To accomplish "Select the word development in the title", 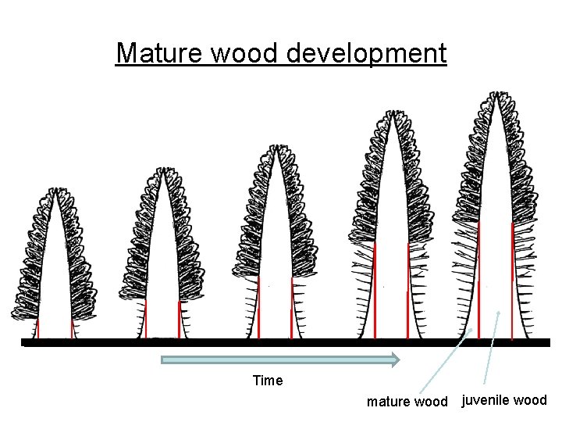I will (367, 53).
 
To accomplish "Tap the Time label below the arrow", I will (268, 381).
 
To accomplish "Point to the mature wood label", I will (407, 402).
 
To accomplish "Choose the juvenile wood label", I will (504, 401).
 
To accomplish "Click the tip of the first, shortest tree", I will (55, 190).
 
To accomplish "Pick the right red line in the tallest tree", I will (512, 281).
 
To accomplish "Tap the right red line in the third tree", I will (291, 309).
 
